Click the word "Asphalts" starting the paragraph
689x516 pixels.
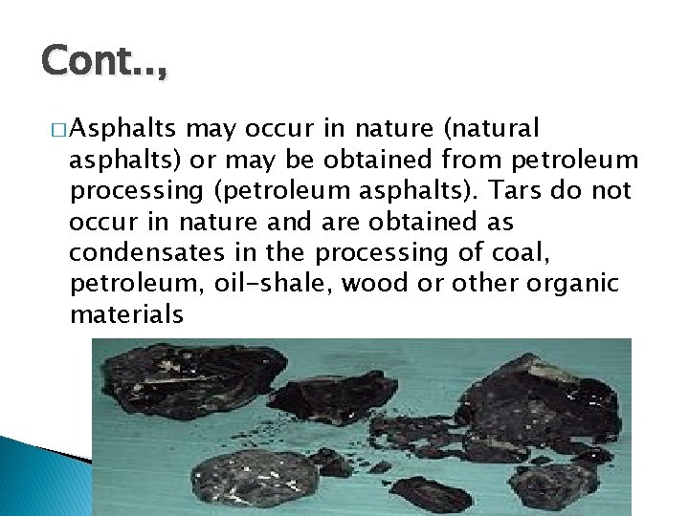123,127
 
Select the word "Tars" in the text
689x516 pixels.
513,191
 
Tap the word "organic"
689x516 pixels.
573,284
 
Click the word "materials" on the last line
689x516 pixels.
126,314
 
